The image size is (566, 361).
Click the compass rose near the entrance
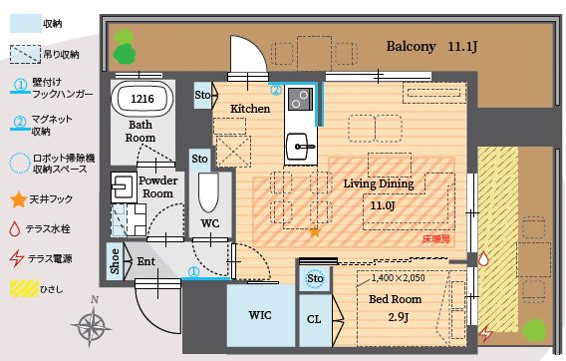pyautogui.click(x=92, y=324)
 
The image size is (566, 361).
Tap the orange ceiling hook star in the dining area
pyautogui.click(x=315, y=232)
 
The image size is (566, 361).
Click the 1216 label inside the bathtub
pyautogui.click(x=142, y=99)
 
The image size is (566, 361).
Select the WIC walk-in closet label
pyautogui.click(x=260, y=315)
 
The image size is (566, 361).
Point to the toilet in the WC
pyautogui.click(x=208, y=192)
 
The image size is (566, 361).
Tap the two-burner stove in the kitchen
pyautogui.click(x=300, y=99)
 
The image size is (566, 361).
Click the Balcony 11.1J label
pyautogui.click(x=431, y=46)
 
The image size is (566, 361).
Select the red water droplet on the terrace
pyautogui.click(x=483, y=259)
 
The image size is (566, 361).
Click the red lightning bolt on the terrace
pyautogui.click(x=485, y=333)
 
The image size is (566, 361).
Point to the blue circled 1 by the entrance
pyautogui.click(x=194, y=271)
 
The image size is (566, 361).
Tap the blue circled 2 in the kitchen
pyautogui.click(x=275, y=90)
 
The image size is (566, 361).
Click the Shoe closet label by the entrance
pyautogui.click(x=115, y=261)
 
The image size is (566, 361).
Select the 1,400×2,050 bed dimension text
pyautogui.click(x=398, y=278)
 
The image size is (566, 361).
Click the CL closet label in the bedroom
pyautogui.click(x=314, y=319)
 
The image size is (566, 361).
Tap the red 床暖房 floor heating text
pyautogui.click(x=436, y=239)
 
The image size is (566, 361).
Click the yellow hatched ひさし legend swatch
pyautogui.click(x=24, y=289)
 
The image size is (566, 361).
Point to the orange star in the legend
pyautogui.click(x=18, y=199)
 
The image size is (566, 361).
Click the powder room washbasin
pyautogui.click(x=124, y=186)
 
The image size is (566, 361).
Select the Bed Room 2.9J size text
pyautogui.click(x=399, y=317)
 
